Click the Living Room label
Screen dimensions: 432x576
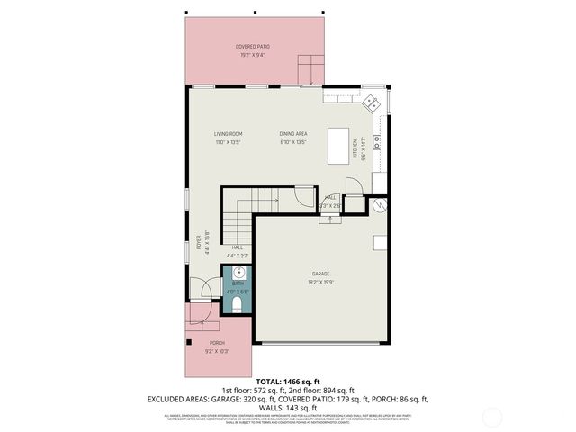[x=228, y=134]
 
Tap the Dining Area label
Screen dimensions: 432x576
[x=293, y=134]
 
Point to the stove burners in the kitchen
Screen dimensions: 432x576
[x=377, y=141]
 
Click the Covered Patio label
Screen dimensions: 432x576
[x=252, y=46]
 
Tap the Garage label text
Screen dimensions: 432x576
[x=321, y=274]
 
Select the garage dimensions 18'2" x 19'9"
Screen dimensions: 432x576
[x=321, y=282]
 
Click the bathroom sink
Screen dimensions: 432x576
[x=239, y=274]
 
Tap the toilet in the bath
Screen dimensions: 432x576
[x=238, y=308]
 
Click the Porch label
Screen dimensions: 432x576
[x=217, y=343]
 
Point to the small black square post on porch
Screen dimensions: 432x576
[x=187, y=342]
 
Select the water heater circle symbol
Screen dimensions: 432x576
[x=379, y=206]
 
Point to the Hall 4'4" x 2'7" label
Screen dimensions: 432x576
[x=238, y=251]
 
